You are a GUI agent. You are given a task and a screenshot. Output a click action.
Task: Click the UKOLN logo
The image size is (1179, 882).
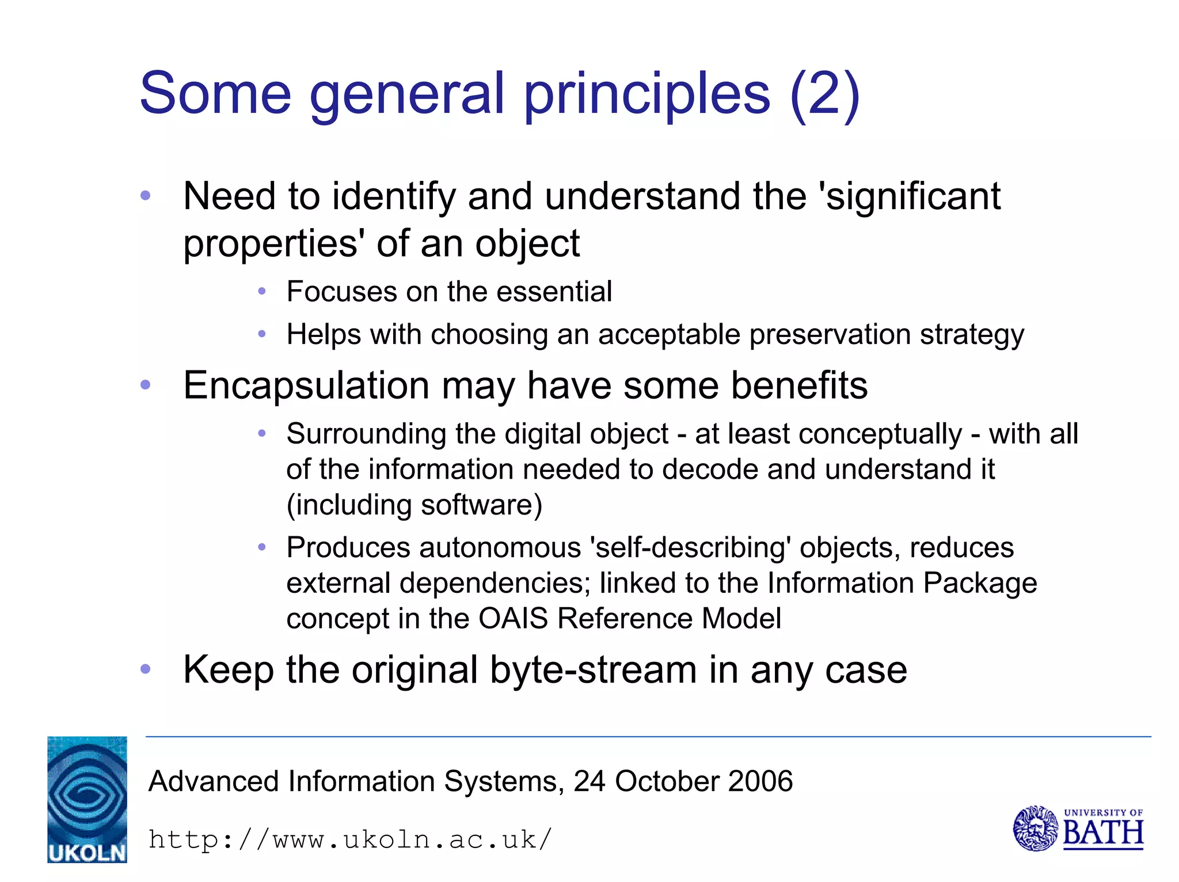(x=87, y=799)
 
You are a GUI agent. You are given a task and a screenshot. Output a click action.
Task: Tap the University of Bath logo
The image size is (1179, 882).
(x=1078, y=828)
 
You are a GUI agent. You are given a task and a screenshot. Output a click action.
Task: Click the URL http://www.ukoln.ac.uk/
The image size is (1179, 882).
(x=350, y=839)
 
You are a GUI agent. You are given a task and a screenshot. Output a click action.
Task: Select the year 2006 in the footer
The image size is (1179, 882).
(x=760, y=781)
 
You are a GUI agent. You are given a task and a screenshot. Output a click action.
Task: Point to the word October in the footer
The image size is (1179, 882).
(x=667, y=781)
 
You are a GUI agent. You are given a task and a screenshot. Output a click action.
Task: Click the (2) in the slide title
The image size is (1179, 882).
(x=824, y=93)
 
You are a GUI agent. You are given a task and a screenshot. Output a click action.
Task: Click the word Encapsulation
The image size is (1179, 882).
(x=306, y=386)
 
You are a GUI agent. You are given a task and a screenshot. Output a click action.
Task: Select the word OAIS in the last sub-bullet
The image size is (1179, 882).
(x=513, y=618)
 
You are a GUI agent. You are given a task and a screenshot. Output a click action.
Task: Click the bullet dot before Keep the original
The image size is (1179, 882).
(x=146, y=669)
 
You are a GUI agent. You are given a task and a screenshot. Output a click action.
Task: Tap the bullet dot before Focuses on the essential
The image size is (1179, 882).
(x=262, y=292)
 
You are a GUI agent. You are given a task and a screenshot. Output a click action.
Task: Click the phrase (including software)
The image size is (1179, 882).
(x=414, y=505)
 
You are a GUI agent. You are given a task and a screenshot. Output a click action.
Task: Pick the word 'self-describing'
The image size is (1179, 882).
(x=690, y=547)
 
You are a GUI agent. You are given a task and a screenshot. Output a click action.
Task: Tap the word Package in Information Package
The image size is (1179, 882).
(x=980, y=584)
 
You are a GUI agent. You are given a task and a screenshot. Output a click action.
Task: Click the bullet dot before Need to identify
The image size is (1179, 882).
(x=146, y=195)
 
